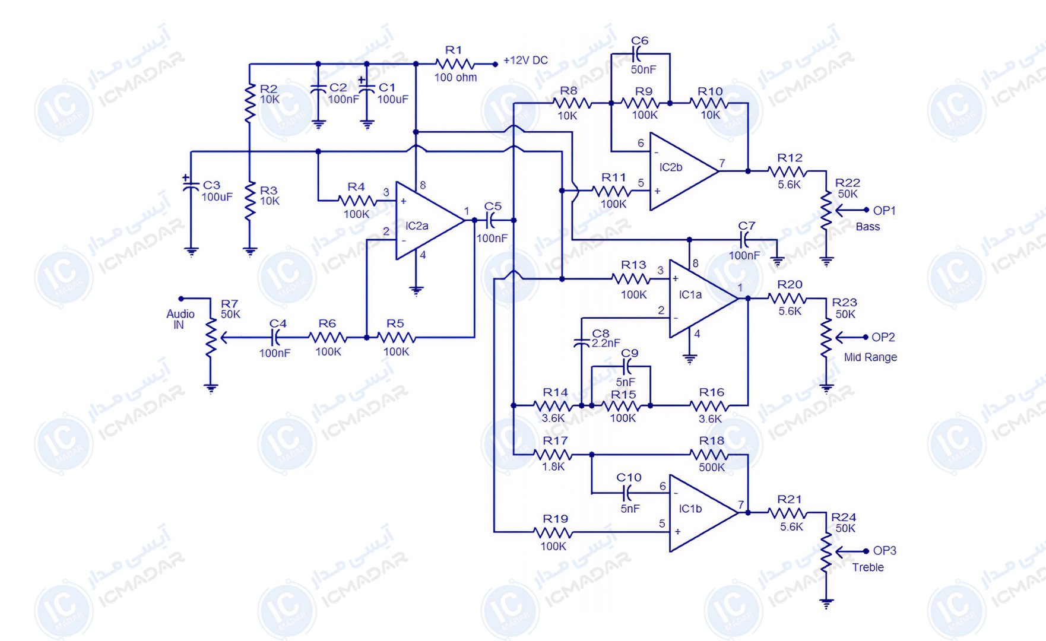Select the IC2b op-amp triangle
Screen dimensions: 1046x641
(x=683, y=171)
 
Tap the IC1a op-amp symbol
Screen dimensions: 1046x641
(x=703, y=299)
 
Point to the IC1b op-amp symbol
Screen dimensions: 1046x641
(x=703, y=513)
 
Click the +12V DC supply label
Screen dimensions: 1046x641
(x=525, y=61)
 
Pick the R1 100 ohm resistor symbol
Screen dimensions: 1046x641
(x=455, y=64)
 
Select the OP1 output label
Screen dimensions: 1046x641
(x=884, y=211)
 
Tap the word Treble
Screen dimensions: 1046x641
(x=868, y=567)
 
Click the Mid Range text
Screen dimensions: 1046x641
(x=870, y=357)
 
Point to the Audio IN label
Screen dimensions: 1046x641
(x=180, y=319)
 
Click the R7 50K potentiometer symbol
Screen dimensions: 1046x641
(x=211, y=338)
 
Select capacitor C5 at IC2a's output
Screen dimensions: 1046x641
(x=492, y=221)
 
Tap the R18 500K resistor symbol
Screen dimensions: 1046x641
(x=710, y=455)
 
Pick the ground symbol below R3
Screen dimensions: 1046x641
(x=250, y=252)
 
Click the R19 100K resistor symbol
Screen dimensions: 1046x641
(x=554, y=532)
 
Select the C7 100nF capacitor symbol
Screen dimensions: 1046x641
(x=745, y=240)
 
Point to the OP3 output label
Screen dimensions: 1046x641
(x=885, y=551)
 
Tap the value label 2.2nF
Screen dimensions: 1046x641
(x=606, y=343)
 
